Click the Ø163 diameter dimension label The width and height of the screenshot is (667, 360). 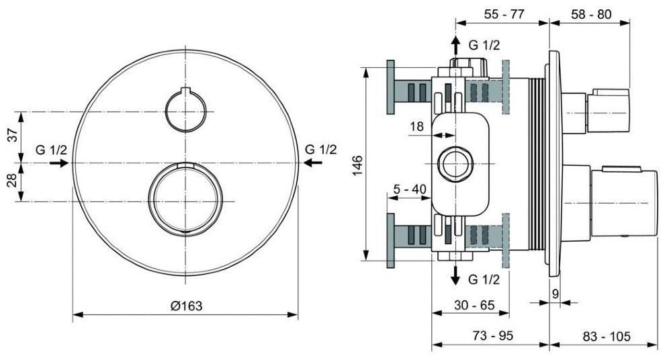pyautogui.click(x=186, y=306)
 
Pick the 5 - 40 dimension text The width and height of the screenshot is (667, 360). pyautogui.click(x=410, y=189)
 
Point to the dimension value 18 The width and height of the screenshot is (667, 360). pyautogui.click(x=416, y=125)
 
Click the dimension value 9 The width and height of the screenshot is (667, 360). pyautogui.click(x=555, y=293)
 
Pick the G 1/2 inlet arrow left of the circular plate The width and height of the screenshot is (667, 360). pyautogui.click(x=59, y=163)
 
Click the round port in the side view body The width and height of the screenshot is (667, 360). pyautogui.click(x=455, y=163)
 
